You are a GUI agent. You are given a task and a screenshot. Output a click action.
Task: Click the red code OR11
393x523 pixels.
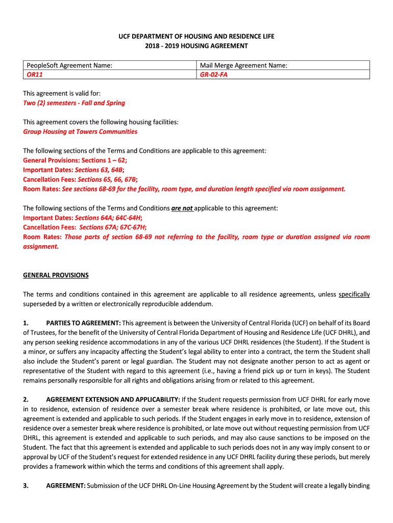point(35,75)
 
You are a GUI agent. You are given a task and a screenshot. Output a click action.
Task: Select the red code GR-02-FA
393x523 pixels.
point(213,75)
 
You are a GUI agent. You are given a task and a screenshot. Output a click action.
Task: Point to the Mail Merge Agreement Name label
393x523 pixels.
point(243,65)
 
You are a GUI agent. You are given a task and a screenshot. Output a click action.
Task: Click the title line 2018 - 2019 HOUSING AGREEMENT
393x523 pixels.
point(196,46)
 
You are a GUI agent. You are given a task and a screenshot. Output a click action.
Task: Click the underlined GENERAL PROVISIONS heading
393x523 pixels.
point(56,275)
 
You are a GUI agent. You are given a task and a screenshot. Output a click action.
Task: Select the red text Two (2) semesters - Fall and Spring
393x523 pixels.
point(74,103)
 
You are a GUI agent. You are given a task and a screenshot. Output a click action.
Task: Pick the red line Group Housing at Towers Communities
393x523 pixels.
point(80,132)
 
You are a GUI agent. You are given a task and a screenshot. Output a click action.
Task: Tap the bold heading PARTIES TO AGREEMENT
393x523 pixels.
point(83,323)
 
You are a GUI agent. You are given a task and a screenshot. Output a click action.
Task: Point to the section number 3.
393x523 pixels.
point(26,486)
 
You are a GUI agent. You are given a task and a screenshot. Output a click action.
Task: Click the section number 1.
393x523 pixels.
point(26,323)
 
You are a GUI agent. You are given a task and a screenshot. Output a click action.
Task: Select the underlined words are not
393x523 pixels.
point(182,208)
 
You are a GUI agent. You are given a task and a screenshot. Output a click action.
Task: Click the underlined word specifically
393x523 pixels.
point(354,295)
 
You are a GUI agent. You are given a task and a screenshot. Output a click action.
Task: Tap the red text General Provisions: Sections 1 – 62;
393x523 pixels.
point(76,160)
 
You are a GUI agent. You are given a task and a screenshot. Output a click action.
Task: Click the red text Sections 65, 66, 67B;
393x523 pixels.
point(107,179)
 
